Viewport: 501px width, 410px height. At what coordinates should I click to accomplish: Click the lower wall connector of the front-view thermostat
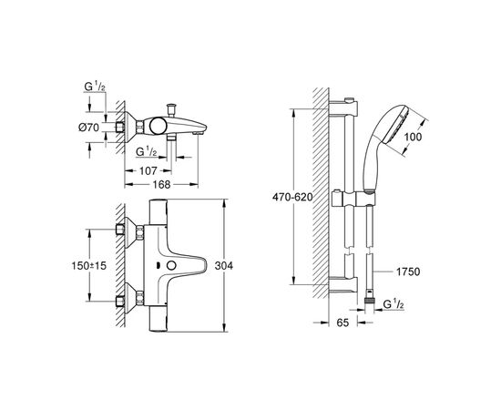coord(120,299)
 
